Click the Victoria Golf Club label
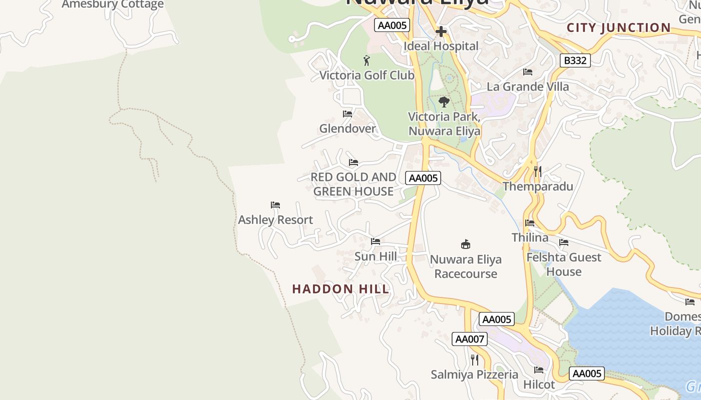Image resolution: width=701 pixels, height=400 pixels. pyautogui.click(x=367, y=75)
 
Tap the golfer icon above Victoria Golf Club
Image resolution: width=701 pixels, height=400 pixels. pyautogui.click(x=367, y=61)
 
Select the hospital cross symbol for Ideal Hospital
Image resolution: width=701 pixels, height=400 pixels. pyautogui.click(x=441, y=31)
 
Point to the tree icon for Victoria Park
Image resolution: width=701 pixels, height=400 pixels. pyautogui.click(x=444, y=102)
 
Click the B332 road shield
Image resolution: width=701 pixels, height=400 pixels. pyautogui.click(x=575, y=61)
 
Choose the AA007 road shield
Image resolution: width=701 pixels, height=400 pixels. pyautogui.click(x=469, y=339)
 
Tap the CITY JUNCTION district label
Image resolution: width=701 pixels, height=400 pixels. pyautogui.click(x=618, y=28)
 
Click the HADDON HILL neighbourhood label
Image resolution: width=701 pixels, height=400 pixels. pyautogui.click(x=340, y=289)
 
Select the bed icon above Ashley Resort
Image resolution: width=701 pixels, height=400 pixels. pyautogui.click(x=275, y=205)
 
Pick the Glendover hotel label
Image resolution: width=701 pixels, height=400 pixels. pyautogui.click(x=347, y=128)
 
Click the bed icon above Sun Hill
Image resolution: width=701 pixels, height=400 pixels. pyautogui.click(x=376, y=241)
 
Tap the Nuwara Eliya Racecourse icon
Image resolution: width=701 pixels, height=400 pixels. pyautogui.click(x=466, y=244)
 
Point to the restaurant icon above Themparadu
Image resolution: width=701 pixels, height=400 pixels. pyautogui.click(x=537, y=171)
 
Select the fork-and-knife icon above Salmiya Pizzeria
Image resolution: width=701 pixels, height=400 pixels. pyautogui.click(x=475, y=359)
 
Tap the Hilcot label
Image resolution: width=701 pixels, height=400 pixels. pyautogui.click(x=539, y=384)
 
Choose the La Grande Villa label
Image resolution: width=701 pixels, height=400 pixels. pyautogui.click(x=528, y=86)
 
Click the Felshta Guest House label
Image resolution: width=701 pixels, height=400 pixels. pyautogui.click(x=564, y=264)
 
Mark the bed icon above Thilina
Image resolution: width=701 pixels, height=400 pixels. pyautogui.click(x=530, y=223)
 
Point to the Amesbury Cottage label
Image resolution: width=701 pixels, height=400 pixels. pyautogui.click(x=113, y=4)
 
